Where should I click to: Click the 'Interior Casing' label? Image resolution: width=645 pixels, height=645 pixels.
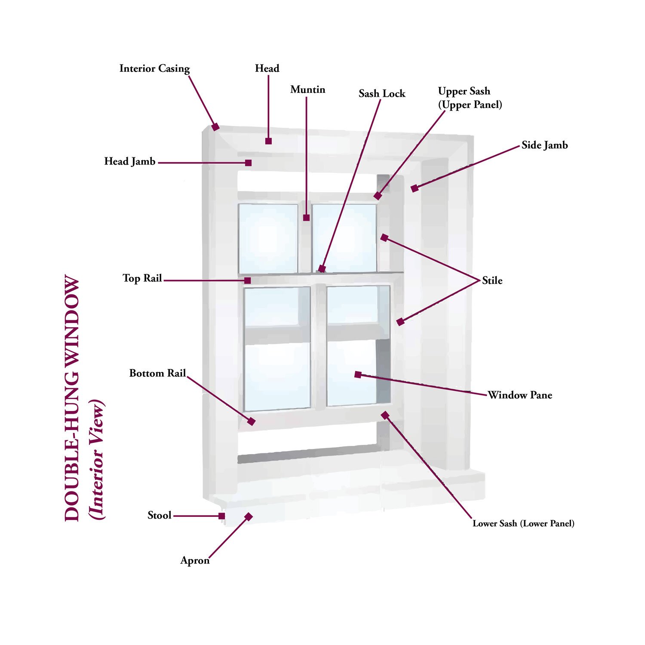154,69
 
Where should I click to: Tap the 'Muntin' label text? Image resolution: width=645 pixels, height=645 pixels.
307,90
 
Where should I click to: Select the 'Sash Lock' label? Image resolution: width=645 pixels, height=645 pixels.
382,94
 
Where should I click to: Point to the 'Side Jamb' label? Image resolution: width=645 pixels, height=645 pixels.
544,145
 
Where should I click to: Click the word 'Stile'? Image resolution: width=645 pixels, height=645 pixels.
492,281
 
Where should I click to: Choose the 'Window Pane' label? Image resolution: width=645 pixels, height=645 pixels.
520,395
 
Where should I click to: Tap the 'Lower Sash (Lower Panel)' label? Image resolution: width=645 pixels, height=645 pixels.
523,524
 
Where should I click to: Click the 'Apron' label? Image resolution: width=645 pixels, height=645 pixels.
195,561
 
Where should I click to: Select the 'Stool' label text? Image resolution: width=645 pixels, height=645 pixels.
160,516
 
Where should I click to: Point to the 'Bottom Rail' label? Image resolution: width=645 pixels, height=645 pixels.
157,373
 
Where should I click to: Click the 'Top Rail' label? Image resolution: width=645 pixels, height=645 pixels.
142,279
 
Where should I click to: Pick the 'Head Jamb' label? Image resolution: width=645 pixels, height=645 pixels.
129,162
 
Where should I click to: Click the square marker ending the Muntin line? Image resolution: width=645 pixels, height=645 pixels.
306,218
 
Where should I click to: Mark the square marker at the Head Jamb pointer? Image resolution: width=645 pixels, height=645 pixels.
248,163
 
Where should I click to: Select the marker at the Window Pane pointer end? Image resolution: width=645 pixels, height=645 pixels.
358,375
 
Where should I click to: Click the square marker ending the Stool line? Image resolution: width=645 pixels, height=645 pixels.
221,516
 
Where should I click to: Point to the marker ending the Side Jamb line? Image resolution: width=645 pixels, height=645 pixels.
415,188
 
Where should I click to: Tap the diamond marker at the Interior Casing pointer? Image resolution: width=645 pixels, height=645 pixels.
215,127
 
